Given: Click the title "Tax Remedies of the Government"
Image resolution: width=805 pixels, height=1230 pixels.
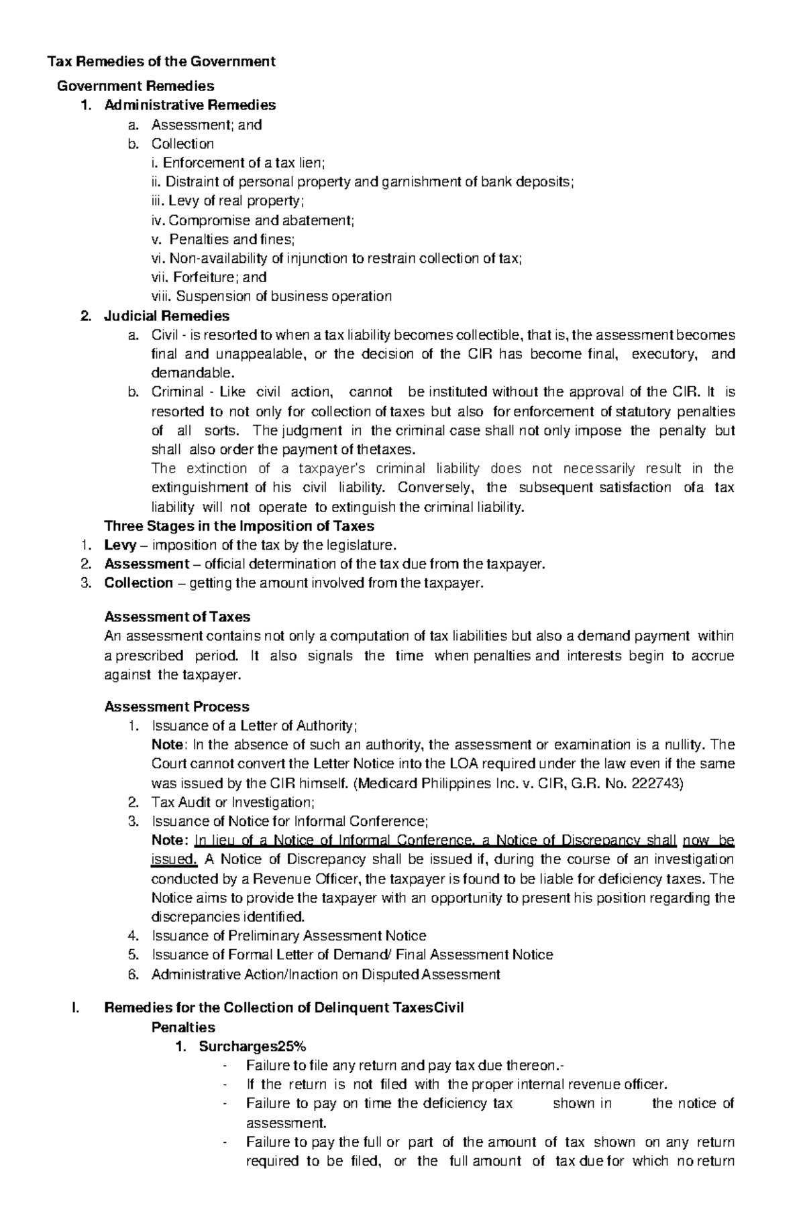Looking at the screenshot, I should (160, 62).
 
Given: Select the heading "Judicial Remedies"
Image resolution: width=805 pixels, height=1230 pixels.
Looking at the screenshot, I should (166, 316).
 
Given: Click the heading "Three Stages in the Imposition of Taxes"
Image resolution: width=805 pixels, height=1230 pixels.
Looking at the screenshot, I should (239, 526).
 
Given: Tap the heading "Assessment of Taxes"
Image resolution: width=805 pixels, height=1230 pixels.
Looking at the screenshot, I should (177, 617).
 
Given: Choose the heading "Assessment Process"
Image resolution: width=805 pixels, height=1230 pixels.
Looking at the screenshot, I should (176, 706).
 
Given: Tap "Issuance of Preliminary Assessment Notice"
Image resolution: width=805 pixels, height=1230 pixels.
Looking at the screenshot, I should (288, 936).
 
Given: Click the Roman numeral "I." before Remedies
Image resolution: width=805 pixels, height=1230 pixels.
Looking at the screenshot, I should (75, 1008).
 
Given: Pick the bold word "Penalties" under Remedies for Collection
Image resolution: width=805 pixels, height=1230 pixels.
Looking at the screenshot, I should (183, 1028).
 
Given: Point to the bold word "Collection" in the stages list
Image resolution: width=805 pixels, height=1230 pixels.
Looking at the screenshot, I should (138, 583).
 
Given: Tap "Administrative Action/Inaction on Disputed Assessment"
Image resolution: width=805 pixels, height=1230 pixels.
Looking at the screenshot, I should (325, 975).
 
